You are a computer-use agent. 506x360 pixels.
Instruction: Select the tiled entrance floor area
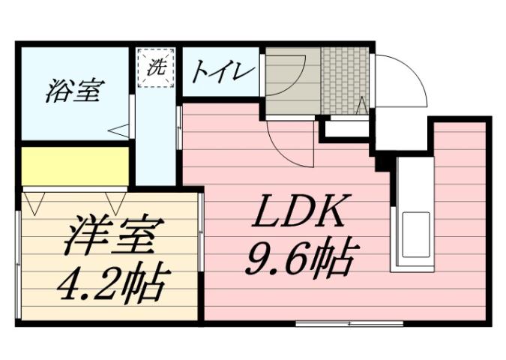tap(346, 80)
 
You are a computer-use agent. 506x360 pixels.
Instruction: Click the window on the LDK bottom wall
tap(348, 324)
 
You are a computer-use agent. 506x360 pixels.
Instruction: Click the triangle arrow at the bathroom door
tap(118, 130)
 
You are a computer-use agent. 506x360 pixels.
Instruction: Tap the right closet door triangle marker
tap(115, 201)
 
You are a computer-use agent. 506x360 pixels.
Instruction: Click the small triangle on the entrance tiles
tap(361, 104)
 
